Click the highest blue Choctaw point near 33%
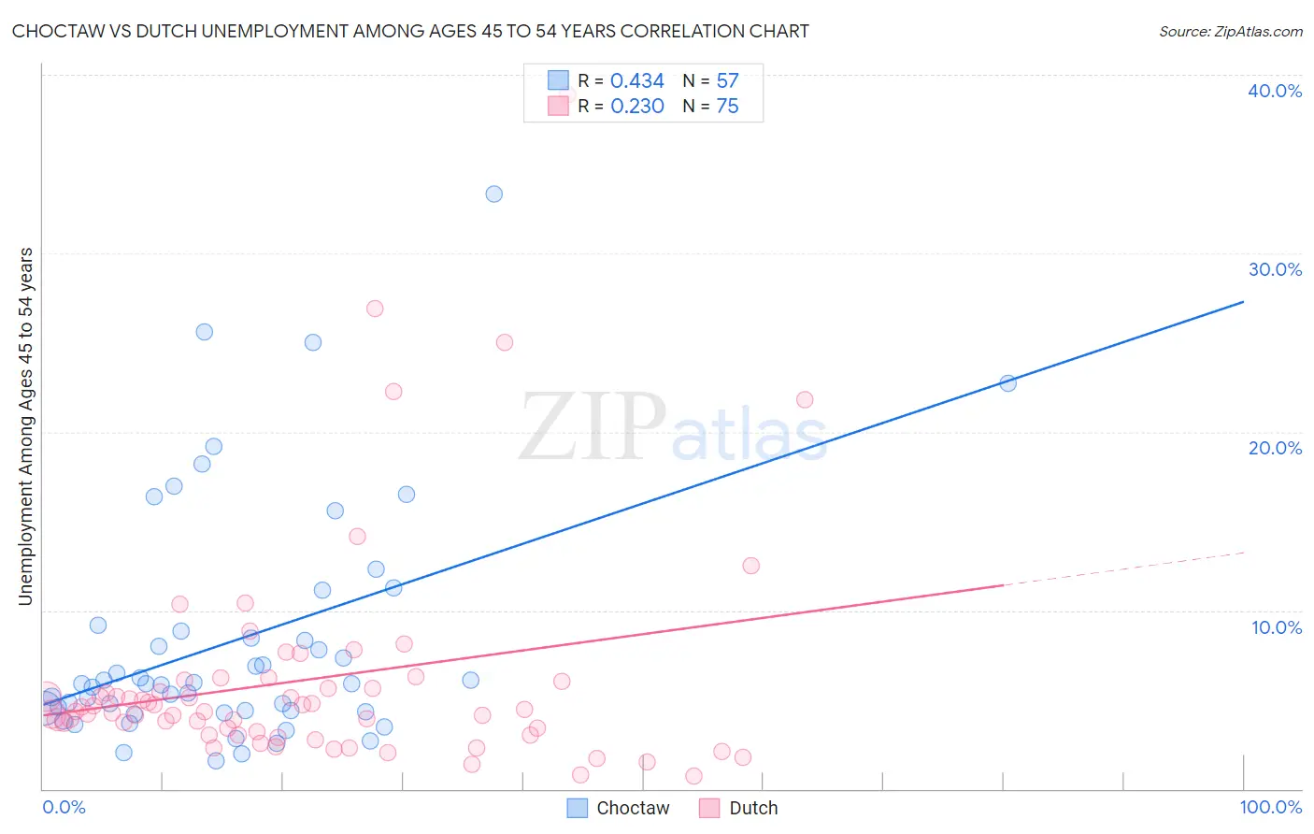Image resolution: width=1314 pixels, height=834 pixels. (x=493, y=194)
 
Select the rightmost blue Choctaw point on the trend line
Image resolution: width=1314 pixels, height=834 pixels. (x=1007, y=382)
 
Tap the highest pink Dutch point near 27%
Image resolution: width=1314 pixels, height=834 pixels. (x=375, y=309)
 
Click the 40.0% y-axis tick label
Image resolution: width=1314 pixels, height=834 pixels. (x=1275, y=91)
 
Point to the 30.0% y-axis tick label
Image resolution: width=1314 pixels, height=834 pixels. (x=1275, y=269)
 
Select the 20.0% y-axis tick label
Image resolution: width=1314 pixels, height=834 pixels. (x=1275, y=448)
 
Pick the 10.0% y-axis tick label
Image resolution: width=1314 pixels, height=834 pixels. (x=1277, y=627)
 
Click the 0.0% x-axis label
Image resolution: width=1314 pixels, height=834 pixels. (x=64, y=807)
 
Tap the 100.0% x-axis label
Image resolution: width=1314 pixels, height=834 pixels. (x=1270, y=807)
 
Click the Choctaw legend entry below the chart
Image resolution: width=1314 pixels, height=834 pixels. (x=633, y=808)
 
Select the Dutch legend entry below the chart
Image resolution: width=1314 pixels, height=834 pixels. (x=753, y=808)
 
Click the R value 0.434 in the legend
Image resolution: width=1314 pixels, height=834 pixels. (x=636, y=81)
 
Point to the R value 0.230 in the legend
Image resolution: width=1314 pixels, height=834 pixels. (x=636, y=107)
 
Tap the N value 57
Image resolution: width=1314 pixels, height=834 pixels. (x=727, y=81)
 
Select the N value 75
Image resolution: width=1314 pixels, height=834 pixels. (x=727, y=107)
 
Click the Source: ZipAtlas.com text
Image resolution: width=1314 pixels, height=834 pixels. (x=1230, y=32)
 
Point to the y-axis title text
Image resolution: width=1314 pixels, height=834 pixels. (x=26, y=426)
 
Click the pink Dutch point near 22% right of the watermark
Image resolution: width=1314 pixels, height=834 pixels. (x=804, y=399)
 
